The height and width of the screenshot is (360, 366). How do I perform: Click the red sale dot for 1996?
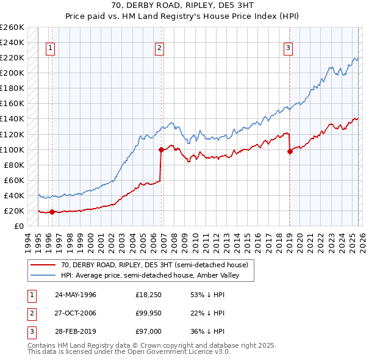tap(52, 212)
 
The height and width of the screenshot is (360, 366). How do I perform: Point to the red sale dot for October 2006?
tap(161, 149)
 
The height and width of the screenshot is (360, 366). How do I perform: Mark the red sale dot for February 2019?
tap(290, 152)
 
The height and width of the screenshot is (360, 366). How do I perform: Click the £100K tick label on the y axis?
tap(12, 149)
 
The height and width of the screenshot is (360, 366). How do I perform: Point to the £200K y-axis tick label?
tap(12, 73)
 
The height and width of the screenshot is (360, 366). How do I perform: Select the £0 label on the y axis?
tap(18, 226)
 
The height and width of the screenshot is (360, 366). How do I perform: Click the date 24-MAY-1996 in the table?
tap(76, 295)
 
